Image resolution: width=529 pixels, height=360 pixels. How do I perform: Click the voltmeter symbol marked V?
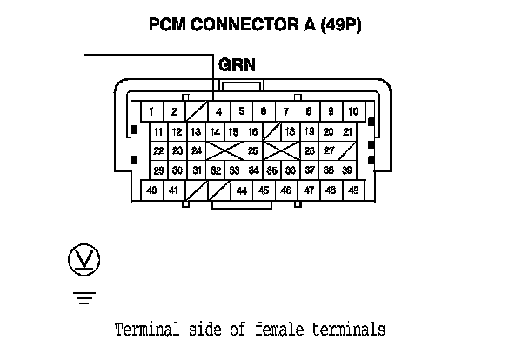(84, 258)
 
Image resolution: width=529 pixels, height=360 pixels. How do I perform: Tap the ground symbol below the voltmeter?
(84, 298)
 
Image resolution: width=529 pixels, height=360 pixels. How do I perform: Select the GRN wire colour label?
(236, 65)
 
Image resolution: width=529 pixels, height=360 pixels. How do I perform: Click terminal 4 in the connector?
(218, 111)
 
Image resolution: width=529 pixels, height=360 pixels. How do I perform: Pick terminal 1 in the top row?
(151, 111)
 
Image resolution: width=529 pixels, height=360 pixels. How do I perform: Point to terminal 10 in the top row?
(353, 111)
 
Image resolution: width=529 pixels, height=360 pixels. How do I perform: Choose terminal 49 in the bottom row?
(353, 190)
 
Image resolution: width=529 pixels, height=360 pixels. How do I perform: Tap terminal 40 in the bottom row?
(151, 190)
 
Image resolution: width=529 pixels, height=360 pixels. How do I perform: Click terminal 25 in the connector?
(252, 150)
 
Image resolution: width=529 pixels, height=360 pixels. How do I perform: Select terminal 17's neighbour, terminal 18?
(291, 131)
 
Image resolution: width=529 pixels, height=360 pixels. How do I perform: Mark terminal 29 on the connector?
(157, 170)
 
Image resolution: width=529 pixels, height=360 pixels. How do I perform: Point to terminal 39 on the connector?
(347, 170)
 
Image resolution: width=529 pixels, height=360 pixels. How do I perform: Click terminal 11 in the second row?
(157, 131)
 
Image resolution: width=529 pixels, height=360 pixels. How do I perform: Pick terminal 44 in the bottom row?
(241, 190)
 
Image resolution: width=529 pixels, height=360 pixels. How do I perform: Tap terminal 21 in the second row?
(347, 131)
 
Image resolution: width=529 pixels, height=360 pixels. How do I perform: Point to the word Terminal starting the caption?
(145, 330)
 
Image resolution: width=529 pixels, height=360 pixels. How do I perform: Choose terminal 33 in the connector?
(233, 170)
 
